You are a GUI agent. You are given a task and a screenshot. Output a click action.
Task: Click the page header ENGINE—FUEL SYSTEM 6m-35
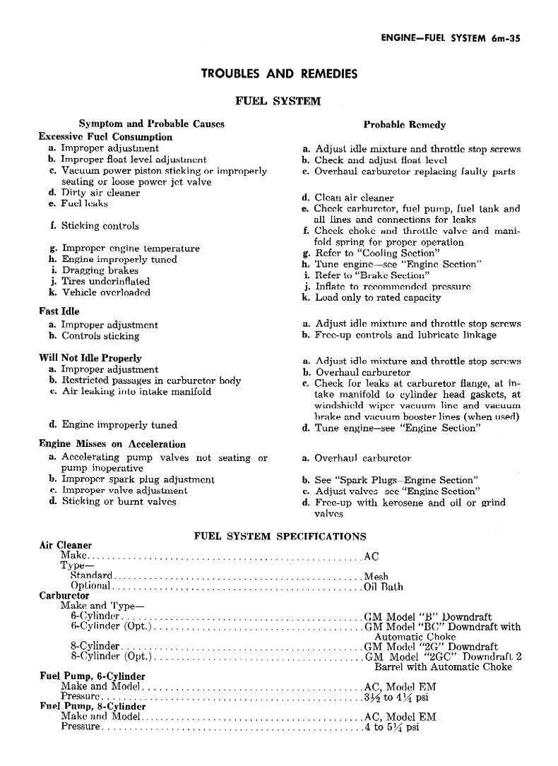tap(450, 40)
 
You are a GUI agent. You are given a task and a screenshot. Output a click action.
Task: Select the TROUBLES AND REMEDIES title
tap(279, 73)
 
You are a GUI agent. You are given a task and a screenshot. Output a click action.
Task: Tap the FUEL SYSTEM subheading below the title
tap(278, 100)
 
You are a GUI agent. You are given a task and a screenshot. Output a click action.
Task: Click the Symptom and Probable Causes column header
tap(151, 124)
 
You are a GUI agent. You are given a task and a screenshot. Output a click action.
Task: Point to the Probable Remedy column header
tap(404, 124)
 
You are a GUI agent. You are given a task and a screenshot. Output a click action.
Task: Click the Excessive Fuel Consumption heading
tap(105, 136)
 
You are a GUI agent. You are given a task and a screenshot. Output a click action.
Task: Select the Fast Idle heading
tap(59, 311)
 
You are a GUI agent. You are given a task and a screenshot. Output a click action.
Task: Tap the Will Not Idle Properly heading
tap(90, 358)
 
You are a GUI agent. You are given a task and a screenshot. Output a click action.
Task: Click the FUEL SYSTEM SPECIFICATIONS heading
tap(279, 536)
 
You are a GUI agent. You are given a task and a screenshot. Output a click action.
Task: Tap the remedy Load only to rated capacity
tap(377, 297)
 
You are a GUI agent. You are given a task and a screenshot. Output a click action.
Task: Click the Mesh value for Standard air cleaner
tap(376, 576)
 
